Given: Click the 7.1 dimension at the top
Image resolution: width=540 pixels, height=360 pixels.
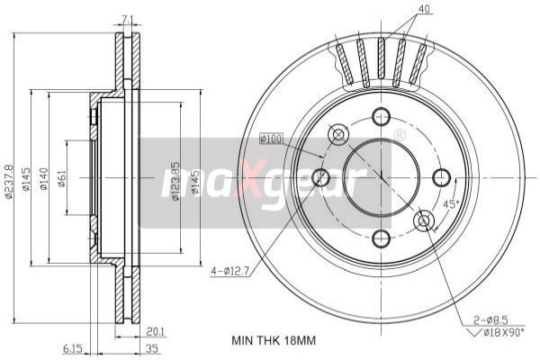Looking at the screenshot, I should (x=127, y=18).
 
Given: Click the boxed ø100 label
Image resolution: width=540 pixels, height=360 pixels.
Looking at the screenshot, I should (x=271, y=139).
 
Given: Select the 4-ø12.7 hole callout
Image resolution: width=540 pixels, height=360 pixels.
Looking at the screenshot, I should (x=228, y=268).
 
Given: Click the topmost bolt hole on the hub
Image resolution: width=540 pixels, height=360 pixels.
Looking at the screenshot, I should (x=381, y=116).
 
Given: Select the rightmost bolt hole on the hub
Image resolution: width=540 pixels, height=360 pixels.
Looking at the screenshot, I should (x=441, y=177).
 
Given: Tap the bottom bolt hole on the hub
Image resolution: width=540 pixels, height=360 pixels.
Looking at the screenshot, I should (x=381, y=238).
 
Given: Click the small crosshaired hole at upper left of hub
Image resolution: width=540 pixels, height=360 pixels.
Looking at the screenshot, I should (x=338, y=135).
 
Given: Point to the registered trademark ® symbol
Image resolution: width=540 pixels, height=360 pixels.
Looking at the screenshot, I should (x=399, y=135).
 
